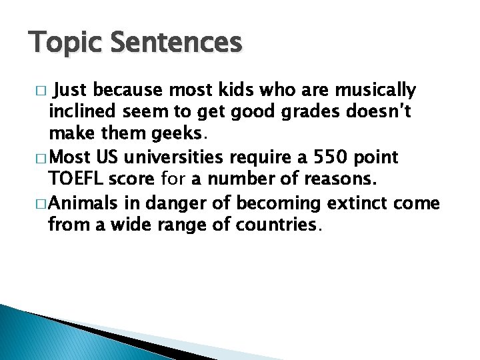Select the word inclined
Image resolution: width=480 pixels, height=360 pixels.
[80, 113]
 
